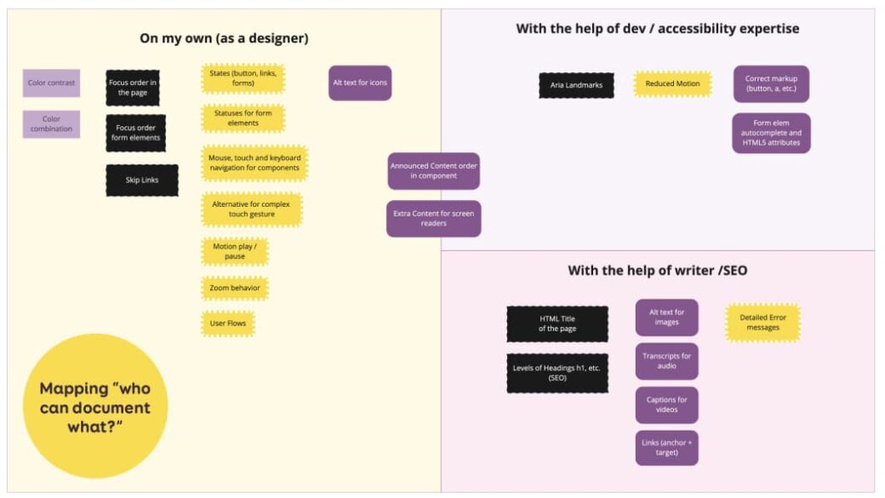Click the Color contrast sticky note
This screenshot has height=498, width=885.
[x=51, y=83]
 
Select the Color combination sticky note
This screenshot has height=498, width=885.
[x=51, y=124]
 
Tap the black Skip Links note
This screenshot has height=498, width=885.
[x=142, y=180]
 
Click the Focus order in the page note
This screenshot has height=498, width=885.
[x=132, y=88]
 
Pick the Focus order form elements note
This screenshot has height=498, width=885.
[x=137, y=133]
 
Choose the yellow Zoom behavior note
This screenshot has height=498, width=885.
[x=234, y=289]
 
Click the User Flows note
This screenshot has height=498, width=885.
[x=228, y=323]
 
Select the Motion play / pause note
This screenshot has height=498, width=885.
[x=234, y=251]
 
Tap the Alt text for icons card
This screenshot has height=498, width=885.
[x=360, y=83]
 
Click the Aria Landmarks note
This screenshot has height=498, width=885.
[x=576, y=85]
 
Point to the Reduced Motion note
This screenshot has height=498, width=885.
[x=672, y=84]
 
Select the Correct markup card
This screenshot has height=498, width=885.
[x=771, y=84]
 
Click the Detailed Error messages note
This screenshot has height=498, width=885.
[x=762, y=323]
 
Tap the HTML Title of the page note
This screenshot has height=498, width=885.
[x=557, y=323]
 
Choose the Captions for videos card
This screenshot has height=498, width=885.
[x=666, y=404]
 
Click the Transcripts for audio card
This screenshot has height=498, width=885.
[x=666, y=361]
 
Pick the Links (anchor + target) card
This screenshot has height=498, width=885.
[x=666, y=448]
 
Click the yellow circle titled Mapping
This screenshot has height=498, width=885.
[x=95, y=406]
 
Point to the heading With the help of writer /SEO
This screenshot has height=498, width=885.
[x=658, y=271]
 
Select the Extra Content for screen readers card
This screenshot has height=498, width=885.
[x=433, y=218]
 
